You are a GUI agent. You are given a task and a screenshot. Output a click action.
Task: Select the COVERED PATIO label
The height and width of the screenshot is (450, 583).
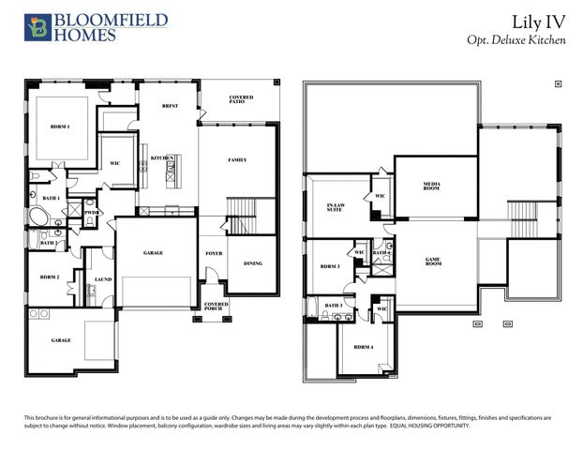(x=241, y=100)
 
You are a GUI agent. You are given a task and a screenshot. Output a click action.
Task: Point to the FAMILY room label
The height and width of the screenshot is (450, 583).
(x=237, y=160)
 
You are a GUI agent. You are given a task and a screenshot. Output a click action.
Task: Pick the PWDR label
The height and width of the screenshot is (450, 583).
(x=92, y=213)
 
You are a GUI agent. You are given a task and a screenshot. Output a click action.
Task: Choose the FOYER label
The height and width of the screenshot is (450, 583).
(x=214, y=254)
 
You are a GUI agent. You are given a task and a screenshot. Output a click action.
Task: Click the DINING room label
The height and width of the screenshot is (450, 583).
(x=252, y=264)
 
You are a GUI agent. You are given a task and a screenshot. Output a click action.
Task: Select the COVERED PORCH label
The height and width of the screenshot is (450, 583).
(x=216, y=307)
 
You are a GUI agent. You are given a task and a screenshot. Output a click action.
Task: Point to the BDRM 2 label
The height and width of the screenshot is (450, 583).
(x=50, y=277)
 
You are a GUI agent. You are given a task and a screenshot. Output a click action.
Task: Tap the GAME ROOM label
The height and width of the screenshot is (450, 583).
(x=434, y=262)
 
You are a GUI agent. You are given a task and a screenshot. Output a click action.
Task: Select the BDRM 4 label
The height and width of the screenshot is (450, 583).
(x=365, y=347)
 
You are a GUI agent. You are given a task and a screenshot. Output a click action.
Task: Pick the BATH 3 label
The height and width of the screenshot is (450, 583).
(x=334, y=305)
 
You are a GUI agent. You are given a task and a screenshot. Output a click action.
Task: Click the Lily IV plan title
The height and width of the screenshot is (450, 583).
(x=540, y=21)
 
